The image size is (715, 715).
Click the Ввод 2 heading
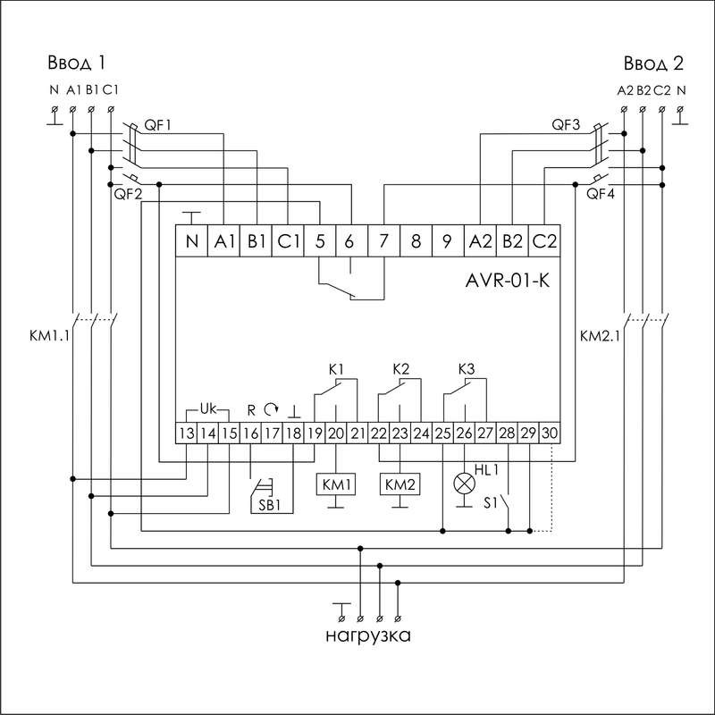point(652,63)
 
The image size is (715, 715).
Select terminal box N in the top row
point(191,241)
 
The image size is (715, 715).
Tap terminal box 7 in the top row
point(383,241)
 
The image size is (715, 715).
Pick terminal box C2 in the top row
point(543,241)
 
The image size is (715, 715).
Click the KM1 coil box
point(335,484)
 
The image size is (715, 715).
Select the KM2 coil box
point(400,484)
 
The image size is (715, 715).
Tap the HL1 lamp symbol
point(464,484)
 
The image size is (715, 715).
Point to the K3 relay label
point(465,368)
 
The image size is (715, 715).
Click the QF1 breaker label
point(156,126)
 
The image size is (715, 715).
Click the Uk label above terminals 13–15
point(207,408)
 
